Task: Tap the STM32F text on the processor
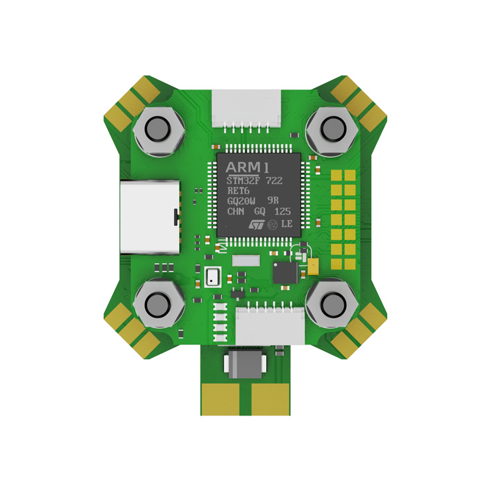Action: coord(243,180)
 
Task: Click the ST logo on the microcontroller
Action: coord(257,224)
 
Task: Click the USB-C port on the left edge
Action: coord(150,217)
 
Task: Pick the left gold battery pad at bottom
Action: coord(224,398)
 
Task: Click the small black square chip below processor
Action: coord(285,272)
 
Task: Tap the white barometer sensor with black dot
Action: coord(212,276)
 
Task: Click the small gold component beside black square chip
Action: coord(313,266)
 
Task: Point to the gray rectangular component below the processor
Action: coord(245,260)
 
